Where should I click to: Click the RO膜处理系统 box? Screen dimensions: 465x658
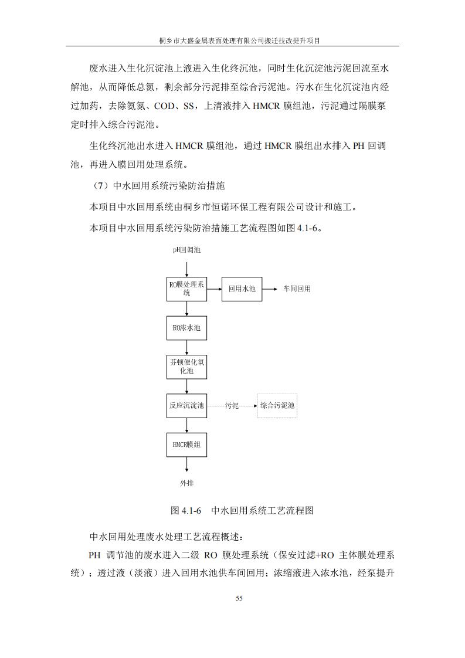point(186,289)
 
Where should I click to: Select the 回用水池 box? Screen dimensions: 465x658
point(242,289)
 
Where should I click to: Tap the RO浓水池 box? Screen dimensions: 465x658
point(186,328)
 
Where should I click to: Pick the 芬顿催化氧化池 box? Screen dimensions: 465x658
point(186,367)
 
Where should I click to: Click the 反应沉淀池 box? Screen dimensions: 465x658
point(186,406)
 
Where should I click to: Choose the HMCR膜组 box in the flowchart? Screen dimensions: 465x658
point(186,445)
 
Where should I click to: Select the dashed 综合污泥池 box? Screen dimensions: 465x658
point(277,406)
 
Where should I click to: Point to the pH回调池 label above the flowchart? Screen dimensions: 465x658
point(186,250)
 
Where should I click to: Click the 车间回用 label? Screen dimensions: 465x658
point(297,289)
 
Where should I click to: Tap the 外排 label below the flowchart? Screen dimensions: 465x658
point(186,483)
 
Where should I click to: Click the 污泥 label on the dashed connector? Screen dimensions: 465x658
point(232,406)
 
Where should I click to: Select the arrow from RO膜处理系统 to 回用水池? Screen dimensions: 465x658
point(214,289)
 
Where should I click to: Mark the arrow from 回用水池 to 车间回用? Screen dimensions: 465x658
point(270,289)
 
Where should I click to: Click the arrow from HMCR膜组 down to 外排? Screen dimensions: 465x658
point(186,466)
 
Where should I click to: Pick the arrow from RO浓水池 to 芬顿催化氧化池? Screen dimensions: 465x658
point(186,347)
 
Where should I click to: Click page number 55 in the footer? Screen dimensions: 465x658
point(239,598)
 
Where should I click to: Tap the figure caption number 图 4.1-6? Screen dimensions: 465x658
point(186,510)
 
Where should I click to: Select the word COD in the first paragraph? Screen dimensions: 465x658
point(164,106)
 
